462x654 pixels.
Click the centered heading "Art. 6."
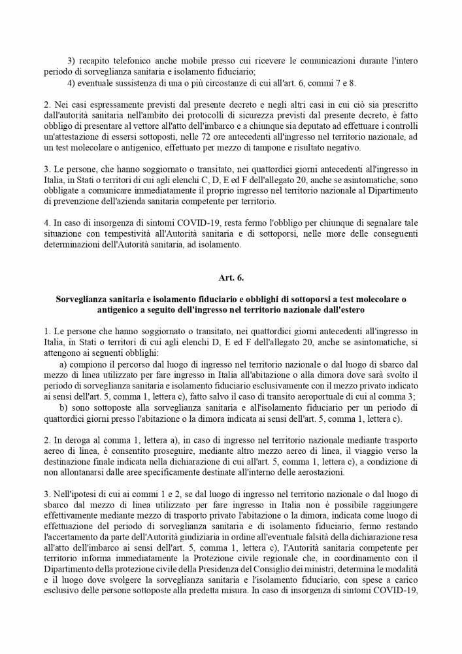(231, 278)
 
